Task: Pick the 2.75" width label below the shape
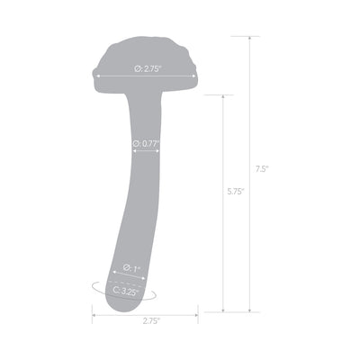(x=145, y=320)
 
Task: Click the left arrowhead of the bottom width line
(x=94, y=314)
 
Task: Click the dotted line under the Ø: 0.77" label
(x=147, y=150)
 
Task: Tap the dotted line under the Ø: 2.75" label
(x=144, y=77)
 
